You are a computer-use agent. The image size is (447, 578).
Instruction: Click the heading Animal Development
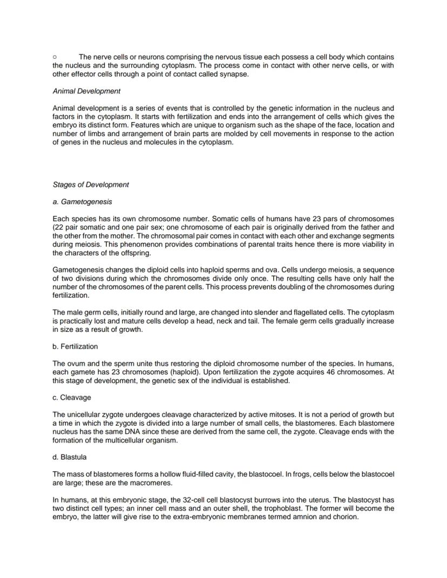pyautogui.click(x=86, y=91)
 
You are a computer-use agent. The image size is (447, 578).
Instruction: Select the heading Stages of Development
pyautogui.click(x=91, y=185)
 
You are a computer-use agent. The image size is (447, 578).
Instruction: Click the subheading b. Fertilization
pyautogui.click(x=75, y=346)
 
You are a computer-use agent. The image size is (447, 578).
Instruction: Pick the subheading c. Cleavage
pyautogui.click(x=72, y=398)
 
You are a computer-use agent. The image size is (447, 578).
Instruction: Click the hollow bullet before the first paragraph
pyautogui.click(x=55, y=57)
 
